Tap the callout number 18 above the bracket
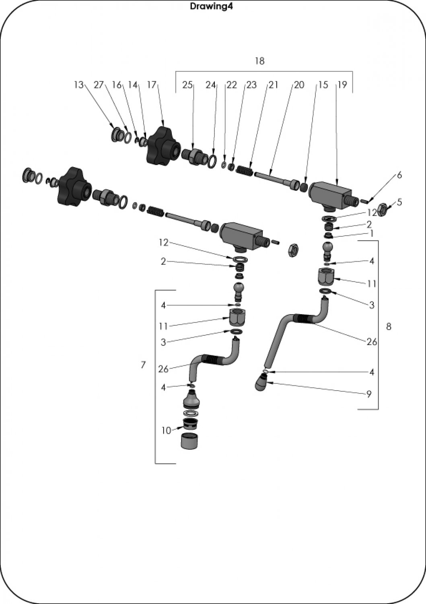tap(259, 61)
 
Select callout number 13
tap(78, 85)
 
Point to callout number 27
tap(99, 85)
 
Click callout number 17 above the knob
tap(152, 85)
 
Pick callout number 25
tap(187, 85)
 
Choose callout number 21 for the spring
tap(274, 85)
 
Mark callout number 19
tap(342, 85)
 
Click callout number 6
tap(399, 175)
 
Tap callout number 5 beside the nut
tap(399, 202)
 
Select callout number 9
tap(369, 394)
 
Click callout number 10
tap(166, 430)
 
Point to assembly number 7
tap(143, 365)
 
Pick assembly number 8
tap(388, 326)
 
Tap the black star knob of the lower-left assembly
tap(72, 186)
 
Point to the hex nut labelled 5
tap(383, 209)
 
